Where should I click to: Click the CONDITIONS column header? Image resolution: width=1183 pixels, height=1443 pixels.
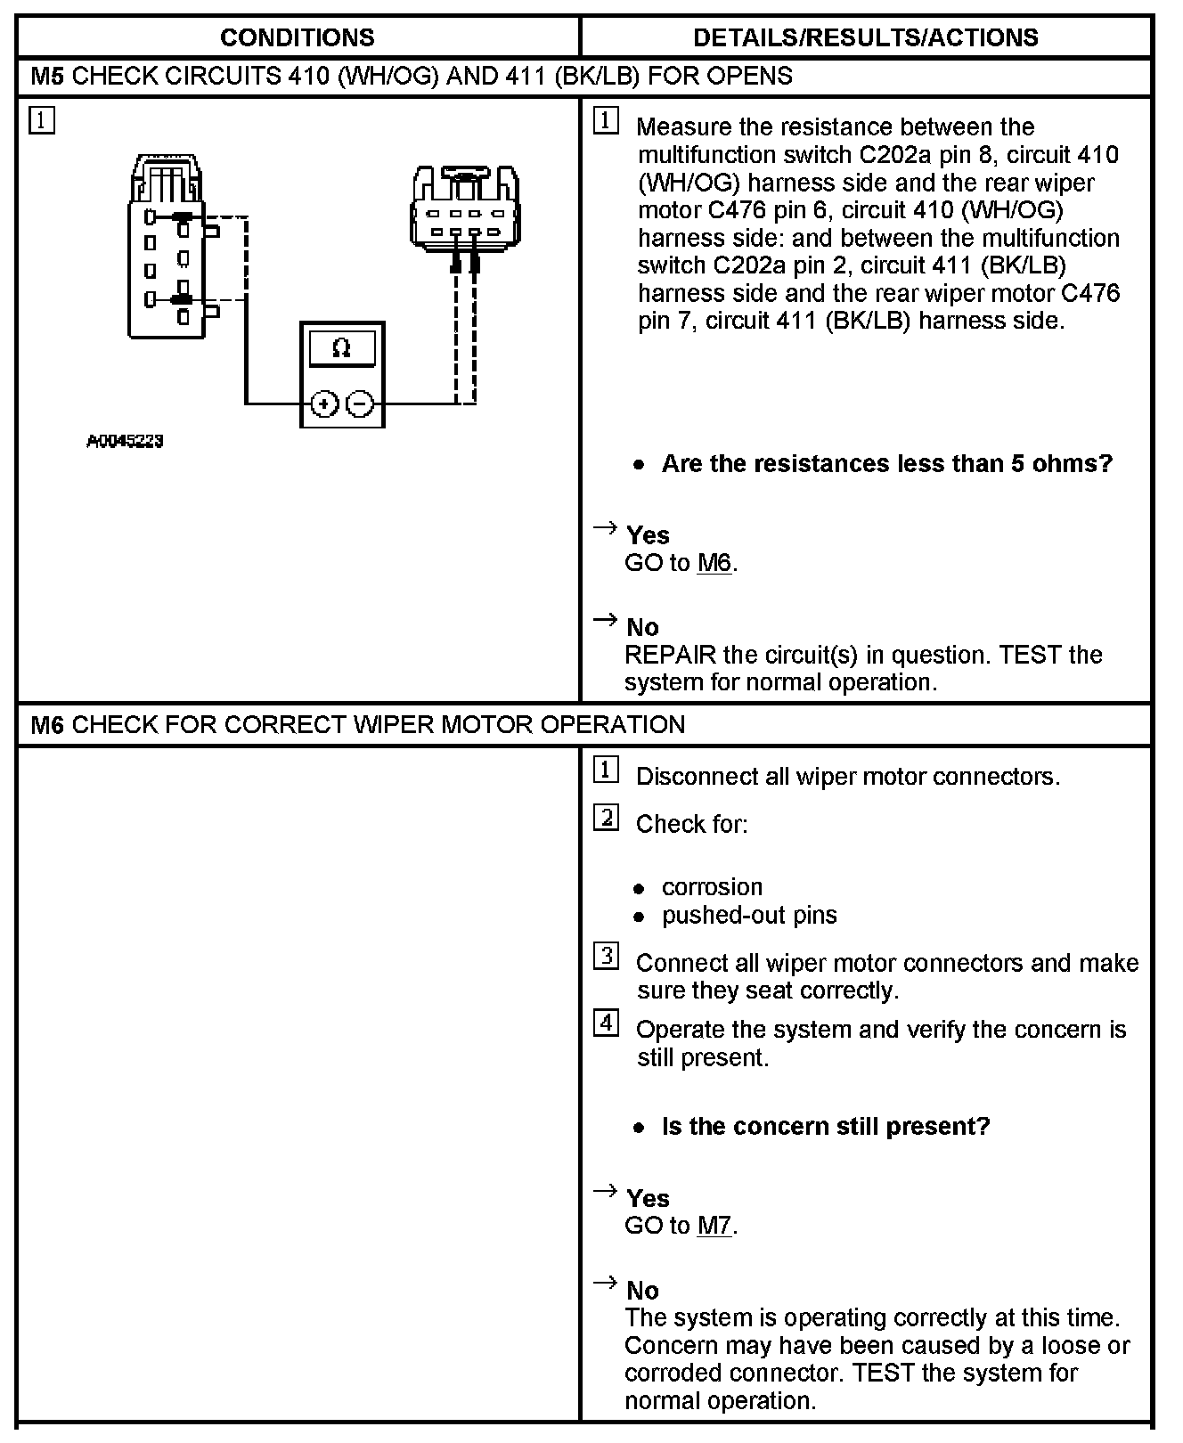tap(297, 37)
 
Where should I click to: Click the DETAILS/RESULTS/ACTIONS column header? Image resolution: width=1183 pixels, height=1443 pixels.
tap(865, 37)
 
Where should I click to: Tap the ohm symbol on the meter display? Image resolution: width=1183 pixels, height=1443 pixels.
tap(341, 348)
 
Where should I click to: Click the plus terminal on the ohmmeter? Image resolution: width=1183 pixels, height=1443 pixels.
tap(324, 404)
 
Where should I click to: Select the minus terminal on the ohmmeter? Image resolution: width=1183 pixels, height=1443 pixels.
tap(359, 404)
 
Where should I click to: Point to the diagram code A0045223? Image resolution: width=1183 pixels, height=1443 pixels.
tap(125, 441)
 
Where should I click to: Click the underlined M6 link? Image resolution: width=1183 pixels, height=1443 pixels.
tap(714, 563)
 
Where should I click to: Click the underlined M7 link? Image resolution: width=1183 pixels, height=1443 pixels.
tap(714, 1226)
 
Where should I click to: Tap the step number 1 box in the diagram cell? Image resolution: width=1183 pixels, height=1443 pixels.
tap(42, 120)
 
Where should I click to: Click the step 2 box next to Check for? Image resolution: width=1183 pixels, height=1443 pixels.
tap(606, 817)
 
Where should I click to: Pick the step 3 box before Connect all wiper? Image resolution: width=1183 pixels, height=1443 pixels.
tap(606, 957)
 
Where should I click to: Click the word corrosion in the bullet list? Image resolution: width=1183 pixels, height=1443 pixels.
tap(712, 887)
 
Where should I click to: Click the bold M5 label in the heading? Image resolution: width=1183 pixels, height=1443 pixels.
tap(47, 76)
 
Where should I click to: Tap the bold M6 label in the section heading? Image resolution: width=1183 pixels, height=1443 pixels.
tap(47, 724)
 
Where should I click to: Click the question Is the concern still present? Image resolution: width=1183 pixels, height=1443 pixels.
tap(825, 1126)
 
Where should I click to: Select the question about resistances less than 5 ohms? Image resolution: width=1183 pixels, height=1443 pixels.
tap(886, 463)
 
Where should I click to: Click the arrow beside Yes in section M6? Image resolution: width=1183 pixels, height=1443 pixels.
tap(606, 1190)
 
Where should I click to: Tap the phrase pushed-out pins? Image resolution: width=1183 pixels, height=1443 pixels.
tap(748, 915)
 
